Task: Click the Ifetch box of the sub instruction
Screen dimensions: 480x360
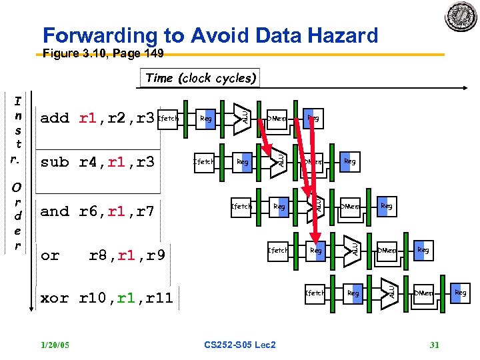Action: (204, 161)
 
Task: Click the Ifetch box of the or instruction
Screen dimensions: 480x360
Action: (278, 251)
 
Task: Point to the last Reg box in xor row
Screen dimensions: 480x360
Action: (460, 293)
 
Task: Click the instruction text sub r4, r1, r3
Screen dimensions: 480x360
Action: (97, 162)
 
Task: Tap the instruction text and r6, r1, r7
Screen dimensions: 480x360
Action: (97, 211)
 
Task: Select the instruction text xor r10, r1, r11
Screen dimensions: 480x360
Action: (107, 298)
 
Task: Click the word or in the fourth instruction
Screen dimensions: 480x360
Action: (50, 255)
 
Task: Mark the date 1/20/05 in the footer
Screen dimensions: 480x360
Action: (56, 345)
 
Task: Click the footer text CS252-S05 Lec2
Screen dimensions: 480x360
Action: (240, 345)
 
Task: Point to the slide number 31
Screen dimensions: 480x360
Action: (434, 345)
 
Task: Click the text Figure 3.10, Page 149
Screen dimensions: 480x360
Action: (103, 54)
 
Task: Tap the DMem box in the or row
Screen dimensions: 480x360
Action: (387, 251)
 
